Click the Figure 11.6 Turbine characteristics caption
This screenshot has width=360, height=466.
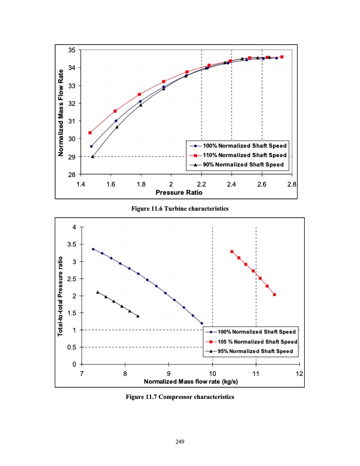(179, 209)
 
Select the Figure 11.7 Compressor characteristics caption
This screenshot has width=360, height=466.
(179, 397)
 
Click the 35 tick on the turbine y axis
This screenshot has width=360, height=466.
(71, 50)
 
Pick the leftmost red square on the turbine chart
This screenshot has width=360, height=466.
(90, 132)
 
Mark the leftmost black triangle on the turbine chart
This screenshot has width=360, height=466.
(93, 157)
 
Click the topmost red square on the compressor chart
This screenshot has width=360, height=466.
(232, 251)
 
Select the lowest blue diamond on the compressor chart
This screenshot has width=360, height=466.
(202, 323)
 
